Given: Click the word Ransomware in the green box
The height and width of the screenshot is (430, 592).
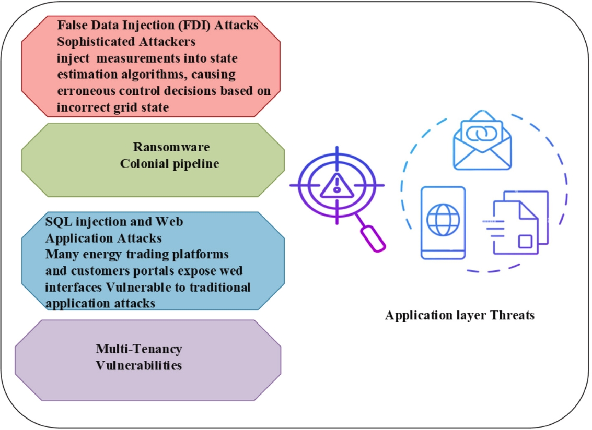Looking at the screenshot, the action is coord(171,147).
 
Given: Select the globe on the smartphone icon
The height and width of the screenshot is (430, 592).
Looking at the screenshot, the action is coord(443,220).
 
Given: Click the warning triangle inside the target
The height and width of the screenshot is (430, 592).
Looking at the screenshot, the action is coord(337,186).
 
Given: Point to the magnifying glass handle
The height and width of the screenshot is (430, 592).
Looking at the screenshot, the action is coord(372,237).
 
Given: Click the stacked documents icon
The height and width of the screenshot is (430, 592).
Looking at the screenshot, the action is coord(516,222).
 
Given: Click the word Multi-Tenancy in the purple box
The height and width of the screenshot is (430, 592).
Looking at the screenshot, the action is coord(139,349).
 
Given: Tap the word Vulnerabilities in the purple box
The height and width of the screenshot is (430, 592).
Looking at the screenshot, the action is coord(139,365).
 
